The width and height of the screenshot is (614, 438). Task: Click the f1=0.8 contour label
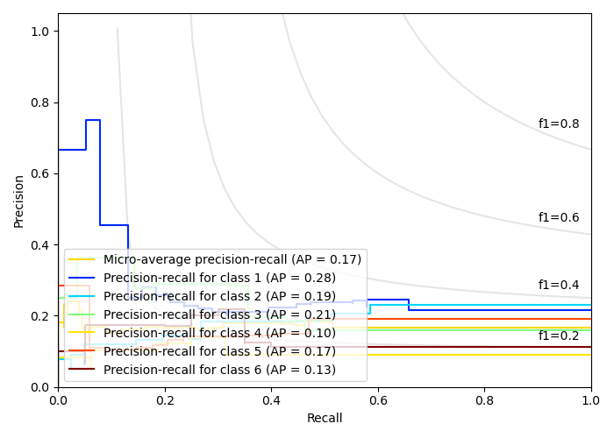pyautogui.click(x=559, y=124)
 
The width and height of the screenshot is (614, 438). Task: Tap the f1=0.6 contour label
pyautogui.click(x=559, y=218)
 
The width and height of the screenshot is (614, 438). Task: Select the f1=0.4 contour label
pyautogui.click(x=559, y=286)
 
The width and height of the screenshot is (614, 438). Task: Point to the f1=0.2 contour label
pyautogui.click(x=559, y=336)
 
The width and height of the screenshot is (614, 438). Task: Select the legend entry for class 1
pyautogui.click(x=219, y=278)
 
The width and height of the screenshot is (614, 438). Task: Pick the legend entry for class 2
pyautogui.click(x=219, y=296)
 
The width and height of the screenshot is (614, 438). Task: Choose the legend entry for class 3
pyautogui.click(x=219, y=314)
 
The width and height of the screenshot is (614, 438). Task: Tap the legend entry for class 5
pyautogui.click(x=219, y=351)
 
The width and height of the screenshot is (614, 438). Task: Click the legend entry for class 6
pyautogui.click(x=219, y=370)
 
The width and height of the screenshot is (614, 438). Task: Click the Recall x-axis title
pyautogui.click(x=325, y=419)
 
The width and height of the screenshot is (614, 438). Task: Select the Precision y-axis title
pyautogui.click(x=19, y=200)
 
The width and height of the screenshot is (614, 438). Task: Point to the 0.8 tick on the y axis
pyautogui.click(x=41, y=102)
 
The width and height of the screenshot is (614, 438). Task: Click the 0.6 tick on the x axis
pyautogui.click(x=378, y=400)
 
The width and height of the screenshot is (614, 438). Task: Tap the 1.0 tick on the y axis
pyautogui.click(x=41, y=32)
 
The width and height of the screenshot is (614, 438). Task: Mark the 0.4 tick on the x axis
pyautogui.click(x=271, y=400)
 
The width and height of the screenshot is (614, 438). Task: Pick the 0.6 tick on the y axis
pyautogui.click(x=41, y=173)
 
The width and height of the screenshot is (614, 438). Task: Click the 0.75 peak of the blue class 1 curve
pyautogui.click(x=92, y=120)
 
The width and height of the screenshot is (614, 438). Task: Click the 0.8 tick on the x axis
pyautogui.click(x=484, y=400)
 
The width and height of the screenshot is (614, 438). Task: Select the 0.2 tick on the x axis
pyautogui.click(x=165, y=400)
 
